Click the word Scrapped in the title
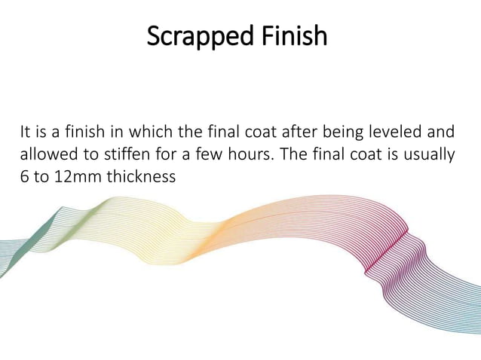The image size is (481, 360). (193, 35)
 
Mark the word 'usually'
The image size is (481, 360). (430, 156)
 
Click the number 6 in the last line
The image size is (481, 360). (24, 177)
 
